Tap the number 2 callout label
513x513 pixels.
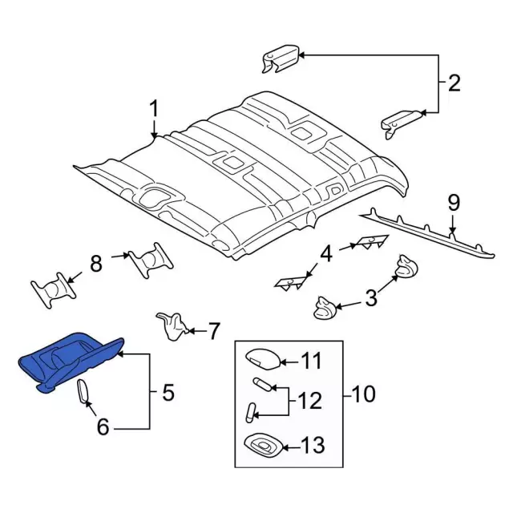(454, 83)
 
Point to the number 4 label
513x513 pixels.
(325, 255)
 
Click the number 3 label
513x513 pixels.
(371, 299)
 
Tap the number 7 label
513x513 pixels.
(213, 330)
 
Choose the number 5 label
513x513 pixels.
(168, 393)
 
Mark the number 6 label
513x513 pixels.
(103, 427)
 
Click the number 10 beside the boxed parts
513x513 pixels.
(363, 394)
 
